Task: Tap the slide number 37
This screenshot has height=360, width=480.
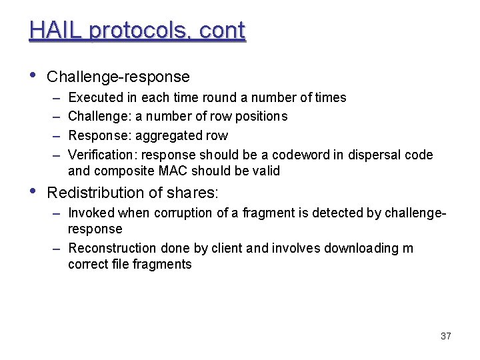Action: [446, 336]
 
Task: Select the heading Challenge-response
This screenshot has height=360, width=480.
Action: [118, 77]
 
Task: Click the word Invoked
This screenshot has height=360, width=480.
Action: [91, 213]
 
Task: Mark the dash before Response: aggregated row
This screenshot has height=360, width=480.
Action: [55, 136]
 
